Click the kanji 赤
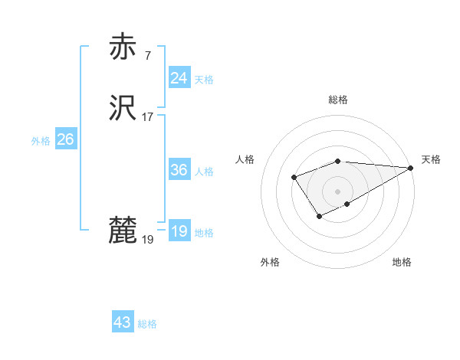click(x=123, y=47)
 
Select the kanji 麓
click(x=123, y=231)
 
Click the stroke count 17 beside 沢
click(x=148, y=117)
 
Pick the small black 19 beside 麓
click(x=148, y=240)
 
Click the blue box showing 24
click(x=179, y=78)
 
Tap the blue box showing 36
click(x=179, y=170)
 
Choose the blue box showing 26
click(x=65, y=139)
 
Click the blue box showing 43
click(x=122, y=322)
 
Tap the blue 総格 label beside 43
click(x=147, y=324)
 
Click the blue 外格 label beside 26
click(x=41, y=141)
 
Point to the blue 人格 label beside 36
click(x=204, y=172)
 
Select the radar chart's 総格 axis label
click(x=338, y=100)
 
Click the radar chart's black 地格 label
click(x=402, y=262)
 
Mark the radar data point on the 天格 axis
click(x=411, y=168)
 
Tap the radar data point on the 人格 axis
click(x=294, y=178)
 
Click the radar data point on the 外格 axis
click(x=319, y=218)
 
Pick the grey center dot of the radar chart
click(x=338, y=191)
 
